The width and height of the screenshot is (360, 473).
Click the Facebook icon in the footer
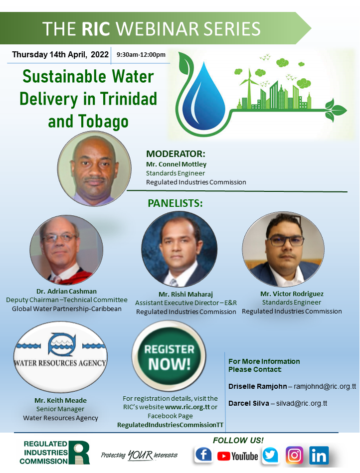tap(203, 455)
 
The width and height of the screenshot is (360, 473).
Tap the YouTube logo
tap(237, 456)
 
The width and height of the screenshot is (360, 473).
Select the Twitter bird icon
tap(270, 455)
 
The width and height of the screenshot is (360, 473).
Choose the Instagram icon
tap(294, 455)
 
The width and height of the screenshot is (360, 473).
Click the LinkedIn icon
tap(318, 455)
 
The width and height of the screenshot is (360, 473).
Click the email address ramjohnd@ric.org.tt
tap(325, 386)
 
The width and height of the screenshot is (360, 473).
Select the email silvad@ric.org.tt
tap(302, 403)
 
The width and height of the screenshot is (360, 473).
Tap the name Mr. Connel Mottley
tap(176, 164)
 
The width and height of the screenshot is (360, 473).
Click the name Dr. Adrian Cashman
tap(66, 292)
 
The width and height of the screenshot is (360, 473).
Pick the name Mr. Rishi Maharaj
tap(185, 294)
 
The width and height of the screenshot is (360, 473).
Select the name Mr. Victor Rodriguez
tap(292, 294)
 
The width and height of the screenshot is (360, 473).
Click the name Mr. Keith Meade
tap(60, 401)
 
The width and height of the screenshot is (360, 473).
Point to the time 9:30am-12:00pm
tap(141, 55)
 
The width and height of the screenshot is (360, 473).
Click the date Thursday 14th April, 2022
tap(60, 54)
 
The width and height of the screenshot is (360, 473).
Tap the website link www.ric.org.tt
tap(187, 407)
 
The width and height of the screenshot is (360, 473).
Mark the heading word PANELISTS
tap(175, 203)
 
